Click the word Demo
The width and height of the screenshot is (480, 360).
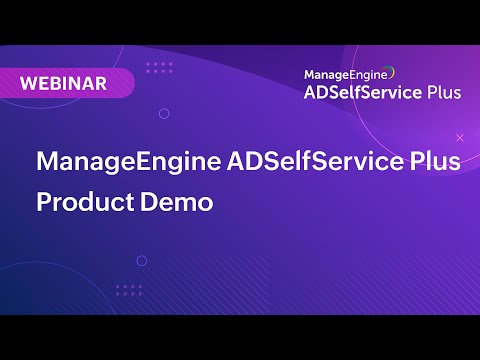point(179,201)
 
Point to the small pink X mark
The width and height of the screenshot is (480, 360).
point(459,136)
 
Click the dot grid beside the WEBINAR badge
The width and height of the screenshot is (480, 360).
point(158,68)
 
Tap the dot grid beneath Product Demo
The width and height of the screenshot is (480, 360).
point(128,290)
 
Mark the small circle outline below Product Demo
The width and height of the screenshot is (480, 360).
point(142,261)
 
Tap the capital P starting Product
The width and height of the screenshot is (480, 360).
point(44,201)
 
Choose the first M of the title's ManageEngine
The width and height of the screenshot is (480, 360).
point(47,163)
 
